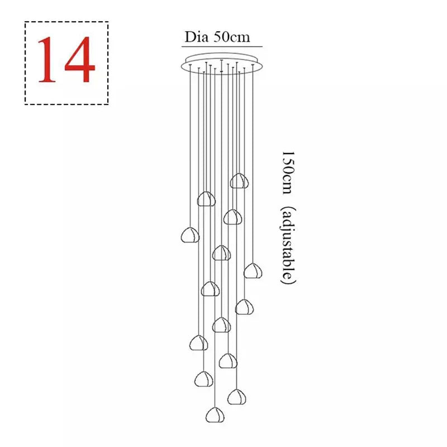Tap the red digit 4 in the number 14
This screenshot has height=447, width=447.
(x=79, y=62)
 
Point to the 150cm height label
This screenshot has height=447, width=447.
(x=287, y=172)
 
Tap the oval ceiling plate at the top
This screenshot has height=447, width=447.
(x=221, y=65)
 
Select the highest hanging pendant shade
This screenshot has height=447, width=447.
(x=239, y=181)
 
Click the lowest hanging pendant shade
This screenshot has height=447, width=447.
(x=215, y=415)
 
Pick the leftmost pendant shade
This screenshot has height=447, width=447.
(x=190, y=235)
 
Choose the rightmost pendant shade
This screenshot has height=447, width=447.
(x=253, y=271)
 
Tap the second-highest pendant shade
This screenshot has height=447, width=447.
(x=206, y=199)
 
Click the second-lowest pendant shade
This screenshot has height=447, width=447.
(x=236, y=397)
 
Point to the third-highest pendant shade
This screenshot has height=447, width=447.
(x=232, y=217)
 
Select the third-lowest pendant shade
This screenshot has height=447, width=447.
(x=203, y=379)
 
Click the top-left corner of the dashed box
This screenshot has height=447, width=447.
(x=25, y=22)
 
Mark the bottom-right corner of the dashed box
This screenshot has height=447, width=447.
(x=108, y=104)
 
